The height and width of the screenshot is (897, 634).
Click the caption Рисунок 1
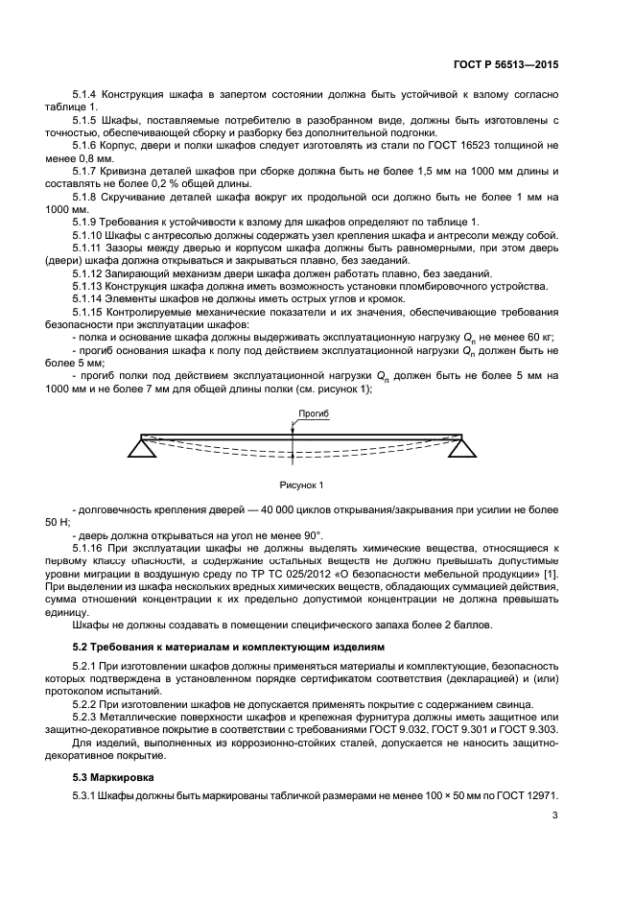(x=302, y=484)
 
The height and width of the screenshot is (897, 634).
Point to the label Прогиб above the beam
(x=314, y=413)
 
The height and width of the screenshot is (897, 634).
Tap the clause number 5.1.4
(x=88, y=95)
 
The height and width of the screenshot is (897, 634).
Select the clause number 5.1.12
(x=91, y=273)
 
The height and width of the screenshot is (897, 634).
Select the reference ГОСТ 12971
(x=527, y=796)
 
